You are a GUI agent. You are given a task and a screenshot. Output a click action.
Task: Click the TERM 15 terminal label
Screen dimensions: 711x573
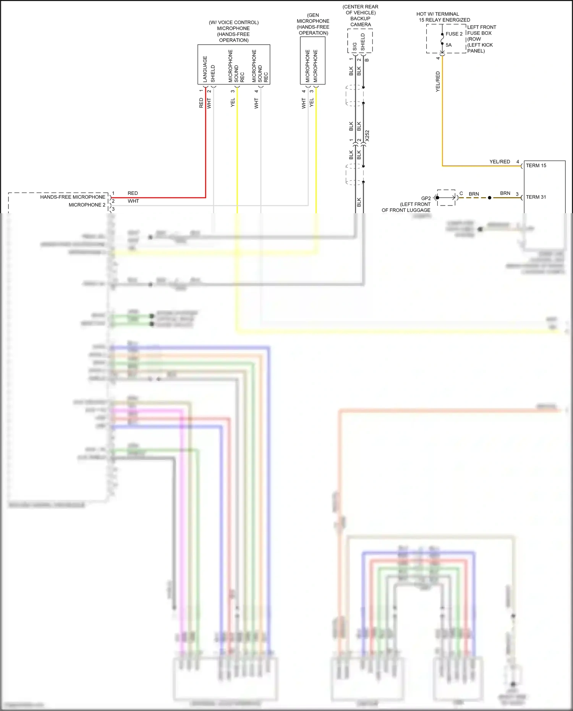(x=536, y=165)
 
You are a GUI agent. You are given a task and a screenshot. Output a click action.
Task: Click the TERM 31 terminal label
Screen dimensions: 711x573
(x=536, y=197)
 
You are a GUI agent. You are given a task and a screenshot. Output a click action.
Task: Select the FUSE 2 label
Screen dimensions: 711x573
(x=454, y=34)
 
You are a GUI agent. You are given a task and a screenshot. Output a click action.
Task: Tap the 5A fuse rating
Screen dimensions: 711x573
(x=448, y=45)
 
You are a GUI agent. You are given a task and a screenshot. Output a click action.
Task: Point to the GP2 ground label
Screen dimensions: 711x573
(x=426, y=198)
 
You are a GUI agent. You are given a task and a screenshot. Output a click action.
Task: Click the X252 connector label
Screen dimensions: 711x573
(x=367, y=136)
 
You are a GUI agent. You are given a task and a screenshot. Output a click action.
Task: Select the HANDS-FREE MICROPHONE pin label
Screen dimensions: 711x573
(x=73, y=197)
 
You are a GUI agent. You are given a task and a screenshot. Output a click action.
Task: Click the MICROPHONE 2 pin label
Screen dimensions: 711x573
(x=87, y=205)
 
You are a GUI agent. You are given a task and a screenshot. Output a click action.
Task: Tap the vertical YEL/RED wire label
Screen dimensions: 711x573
(x=438, y=81)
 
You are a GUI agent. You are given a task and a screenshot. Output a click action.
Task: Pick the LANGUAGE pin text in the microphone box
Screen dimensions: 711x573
(x=205, y=69)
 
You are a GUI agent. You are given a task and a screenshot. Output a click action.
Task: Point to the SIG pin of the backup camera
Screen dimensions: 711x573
(x=354, y=47)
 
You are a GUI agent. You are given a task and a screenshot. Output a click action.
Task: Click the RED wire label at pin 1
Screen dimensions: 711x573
(x=133, y=193)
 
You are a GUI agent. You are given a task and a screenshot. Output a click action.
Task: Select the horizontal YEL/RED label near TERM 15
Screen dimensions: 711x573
(x=500, y=162)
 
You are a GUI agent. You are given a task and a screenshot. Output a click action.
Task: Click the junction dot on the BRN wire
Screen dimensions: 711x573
(x=490, y=198)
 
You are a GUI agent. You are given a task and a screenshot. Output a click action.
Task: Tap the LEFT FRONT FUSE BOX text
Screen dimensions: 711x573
(x=481, y=30)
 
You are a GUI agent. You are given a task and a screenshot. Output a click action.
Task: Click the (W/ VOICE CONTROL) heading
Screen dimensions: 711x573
(x=233, y=23)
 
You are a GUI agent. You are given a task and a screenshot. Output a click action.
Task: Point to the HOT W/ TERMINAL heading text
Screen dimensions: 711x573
(x=438, y=14)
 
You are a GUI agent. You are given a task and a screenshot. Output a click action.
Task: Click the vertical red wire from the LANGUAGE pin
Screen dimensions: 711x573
(x=206, y=145)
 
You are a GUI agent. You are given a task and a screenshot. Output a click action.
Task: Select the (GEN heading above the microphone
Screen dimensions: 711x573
(x=313, y=15)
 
